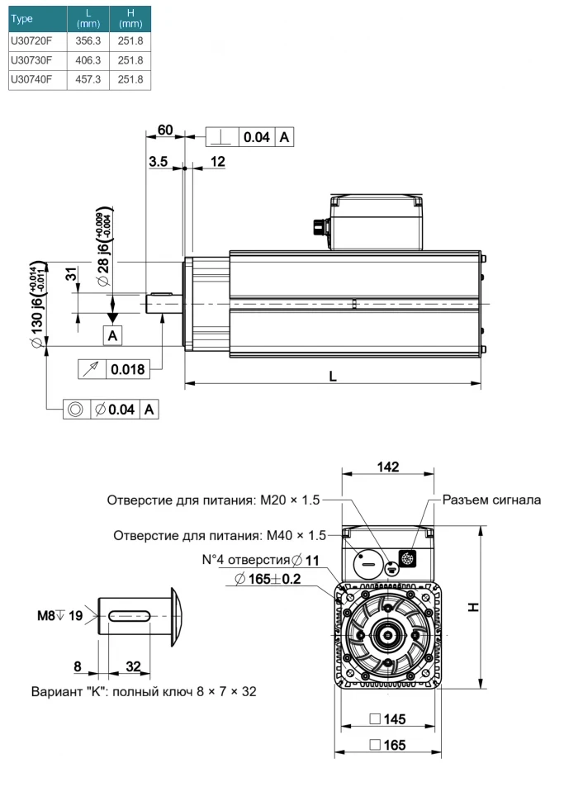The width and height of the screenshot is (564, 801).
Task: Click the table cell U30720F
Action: point(31,40)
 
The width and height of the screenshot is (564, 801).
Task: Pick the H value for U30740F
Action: point(130,79)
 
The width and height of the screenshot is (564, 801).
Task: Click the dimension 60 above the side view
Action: point(165,130)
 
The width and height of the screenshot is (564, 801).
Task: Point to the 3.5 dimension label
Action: point(159,162)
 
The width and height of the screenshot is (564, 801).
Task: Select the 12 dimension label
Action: point(218,162)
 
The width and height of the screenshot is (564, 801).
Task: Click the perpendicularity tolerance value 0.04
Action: point(256,138)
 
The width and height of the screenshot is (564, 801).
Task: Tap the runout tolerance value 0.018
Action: point(128,369)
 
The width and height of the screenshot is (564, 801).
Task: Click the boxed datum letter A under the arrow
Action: point(113,334)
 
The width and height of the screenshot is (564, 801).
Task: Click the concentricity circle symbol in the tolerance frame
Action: point(75,409)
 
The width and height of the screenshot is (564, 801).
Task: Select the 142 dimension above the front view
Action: point(387,467)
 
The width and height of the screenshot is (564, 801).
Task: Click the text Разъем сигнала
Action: point(492,499)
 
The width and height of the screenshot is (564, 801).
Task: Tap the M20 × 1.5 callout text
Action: point(289,500)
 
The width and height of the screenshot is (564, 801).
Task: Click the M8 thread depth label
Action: point(59,614)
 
